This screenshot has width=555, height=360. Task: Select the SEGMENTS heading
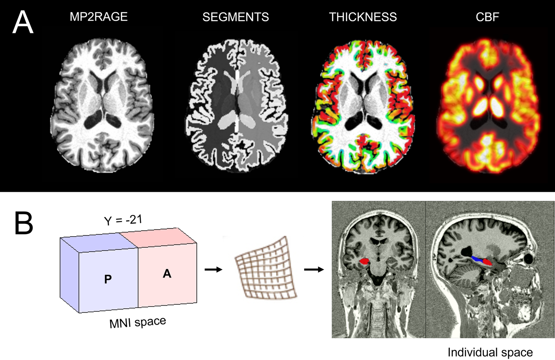(236, 17)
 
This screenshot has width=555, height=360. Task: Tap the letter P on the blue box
(108, 279)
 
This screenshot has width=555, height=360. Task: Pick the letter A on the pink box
(167, 275)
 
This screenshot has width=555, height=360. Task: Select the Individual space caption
(490, 353)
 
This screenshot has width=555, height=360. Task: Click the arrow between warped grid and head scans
(313, 269)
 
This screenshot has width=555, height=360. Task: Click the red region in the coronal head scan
(363, 261)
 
